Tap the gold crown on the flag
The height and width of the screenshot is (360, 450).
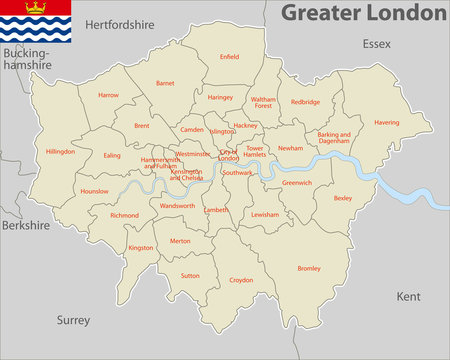click(x=36, y=8)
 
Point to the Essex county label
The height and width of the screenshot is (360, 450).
click(x=376, y=44)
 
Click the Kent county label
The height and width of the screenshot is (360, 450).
click(x=408, y=297)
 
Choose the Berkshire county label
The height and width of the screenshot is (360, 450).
click(x=25, y=226)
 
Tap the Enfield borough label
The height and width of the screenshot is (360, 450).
click(x=230, y=57)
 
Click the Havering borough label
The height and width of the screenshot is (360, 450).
click(x=386, y=122)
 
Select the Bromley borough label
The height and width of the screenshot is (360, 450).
click(x=309, y=268)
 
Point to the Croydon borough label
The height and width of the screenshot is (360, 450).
click(x=241, y=280)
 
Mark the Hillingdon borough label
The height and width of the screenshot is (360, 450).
click(x=60, y=151)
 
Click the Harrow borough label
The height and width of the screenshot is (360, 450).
click(x=108, y=95)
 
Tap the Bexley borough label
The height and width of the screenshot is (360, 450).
click(x=343, y=198)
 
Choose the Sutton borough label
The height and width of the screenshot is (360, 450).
click(x=190, y=275)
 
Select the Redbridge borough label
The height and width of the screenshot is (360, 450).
click(x=305, y=101)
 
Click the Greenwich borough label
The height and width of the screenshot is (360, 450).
click(x=297, y=183)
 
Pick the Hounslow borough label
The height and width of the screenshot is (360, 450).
click(x=94, y=190)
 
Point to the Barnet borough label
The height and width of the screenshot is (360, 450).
click(x=165, y=84)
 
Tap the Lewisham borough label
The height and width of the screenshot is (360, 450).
click(x=265, y=215)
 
